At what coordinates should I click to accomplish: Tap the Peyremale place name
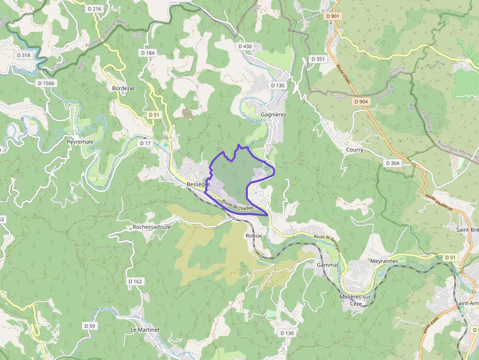pos(80,142)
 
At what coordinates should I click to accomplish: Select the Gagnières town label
pos(274,114)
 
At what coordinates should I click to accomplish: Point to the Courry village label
pos(354,149)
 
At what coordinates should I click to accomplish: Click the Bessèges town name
pos(198,185)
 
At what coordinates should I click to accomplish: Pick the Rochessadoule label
pos(152,227)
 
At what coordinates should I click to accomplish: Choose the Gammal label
pos(327,265)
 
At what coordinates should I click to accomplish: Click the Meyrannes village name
pos(384,261)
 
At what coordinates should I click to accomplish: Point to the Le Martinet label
pos(145,330)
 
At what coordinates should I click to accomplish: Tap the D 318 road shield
pos(22,55)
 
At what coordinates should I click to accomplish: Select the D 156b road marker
pos(47,83)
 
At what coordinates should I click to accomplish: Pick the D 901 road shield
pos(332,16)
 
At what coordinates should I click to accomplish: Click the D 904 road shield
pos(361,102)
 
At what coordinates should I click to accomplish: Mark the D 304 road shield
pos(392,163)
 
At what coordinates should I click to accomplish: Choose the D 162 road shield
pos(135,281)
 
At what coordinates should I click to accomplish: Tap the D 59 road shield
pos(89,326)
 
